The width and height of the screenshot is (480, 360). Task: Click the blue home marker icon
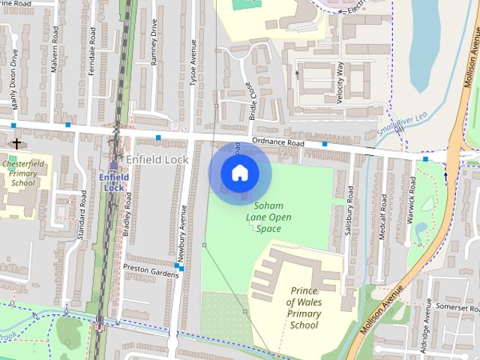[x=239, y=173]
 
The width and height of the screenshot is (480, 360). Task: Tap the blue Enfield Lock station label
[x=114, y=182]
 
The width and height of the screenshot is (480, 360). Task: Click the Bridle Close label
[x=253, y=105]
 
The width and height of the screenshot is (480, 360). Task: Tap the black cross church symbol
[x=16, y=142]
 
